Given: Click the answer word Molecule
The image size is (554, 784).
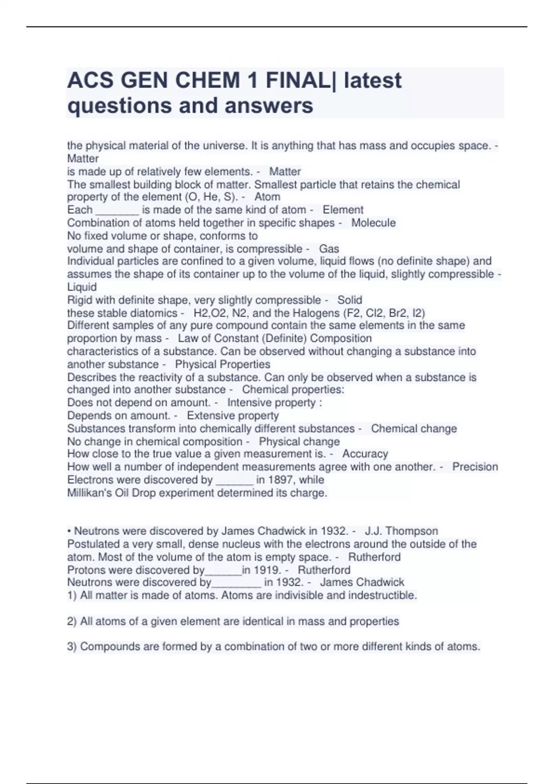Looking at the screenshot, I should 373,223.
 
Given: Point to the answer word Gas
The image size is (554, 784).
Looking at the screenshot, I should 329,249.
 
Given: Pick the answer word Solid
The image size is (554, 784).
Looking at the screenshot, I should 349,300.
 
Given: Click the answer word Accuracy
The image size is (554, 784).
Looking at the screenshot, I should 365,454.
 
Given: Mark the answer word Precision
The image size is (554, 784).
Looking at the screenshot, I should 475,467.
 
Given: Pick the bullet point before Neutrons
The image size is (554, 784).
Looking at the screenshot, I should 69,531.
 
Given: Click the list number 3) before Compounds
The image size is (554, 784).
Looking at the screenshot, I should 72,647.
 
